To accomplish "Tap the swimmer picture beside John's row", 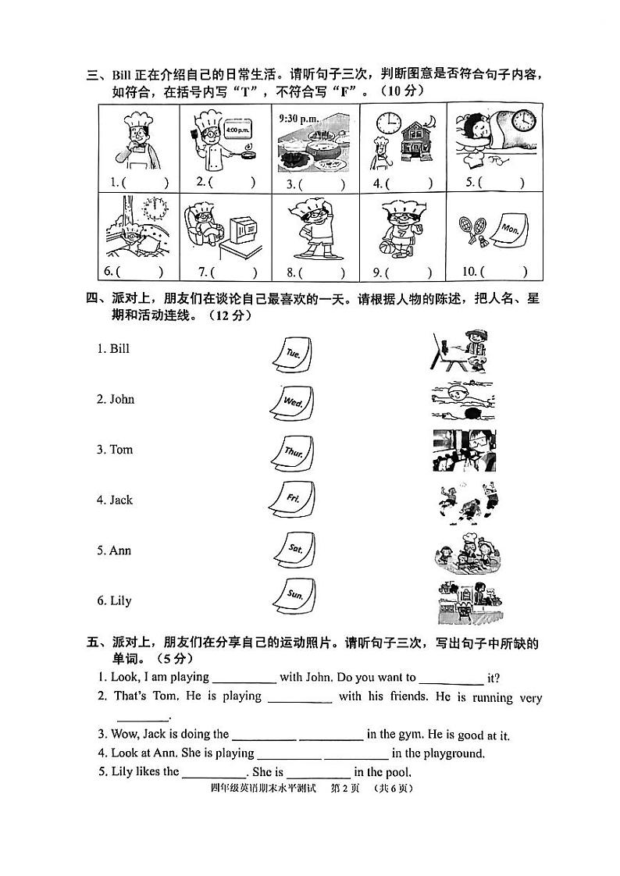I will pos(462,399).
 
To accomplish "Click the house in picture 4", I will pos(411,141).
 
